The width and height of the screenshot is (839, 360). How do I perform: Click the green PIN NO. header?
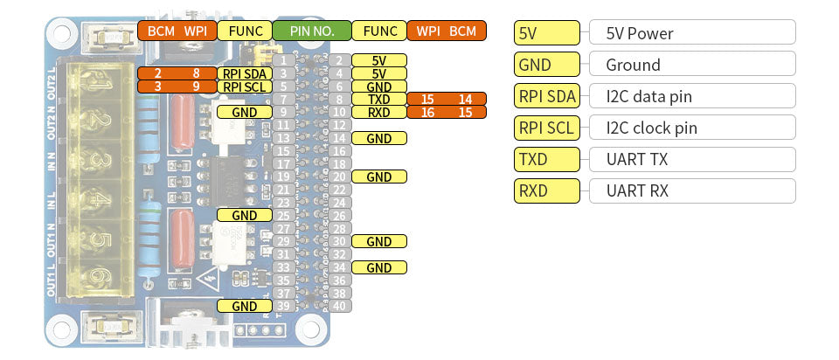(312, 31)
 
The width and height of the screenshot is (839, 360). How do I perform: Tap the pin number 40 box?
(339, 306)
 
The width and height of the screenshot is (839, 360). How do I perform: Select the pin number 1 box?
(285, 60)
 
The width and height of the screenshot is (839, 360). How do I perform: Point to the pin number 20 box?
(339, 177)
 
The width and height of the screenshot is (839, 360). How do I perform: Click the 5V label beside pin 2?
(378, 60)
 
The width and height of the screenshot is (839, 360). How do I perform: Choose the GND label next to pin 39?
(244, 306)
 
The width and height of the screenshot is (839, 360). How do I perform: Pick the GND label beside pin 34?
(378, 267)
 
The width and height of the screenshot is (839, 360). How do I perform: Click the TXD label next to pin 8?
(378, 100)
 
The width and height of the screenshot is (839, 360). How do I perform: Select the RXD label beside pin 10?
(378, 112)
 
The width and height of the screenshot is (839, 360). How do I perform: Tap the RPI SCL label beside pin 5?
(244, 87)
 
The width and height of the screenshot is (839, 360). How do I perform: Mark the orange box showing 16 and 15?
(446, 112)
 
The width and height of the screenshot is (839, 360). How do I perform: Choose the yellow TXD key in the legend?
(547, 159)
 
